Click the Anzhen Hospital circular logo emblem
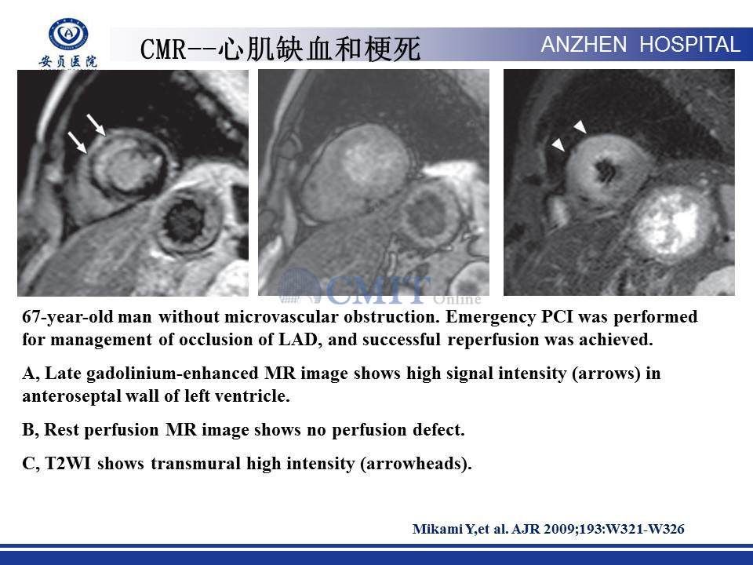click(68, 34)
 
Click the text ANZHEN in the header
click(584, 45)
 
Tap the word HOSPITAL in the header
click(689, 45)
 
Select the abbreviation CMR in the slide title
click(163, 49)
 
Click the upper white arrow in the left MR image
click(96, 125)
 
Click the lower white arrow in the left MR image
click(78, 143)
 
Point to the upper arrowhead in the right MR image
click(580, 126)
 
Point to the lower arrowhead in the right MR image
click(558, 144)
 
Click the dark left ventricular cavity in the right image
click(605, 171)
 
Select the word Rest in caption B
click(61, 429)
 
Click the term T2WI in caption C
click(67, 464)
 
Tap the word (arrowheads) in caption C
click(416, 464)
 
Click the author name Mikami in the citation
click(438, 529)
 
